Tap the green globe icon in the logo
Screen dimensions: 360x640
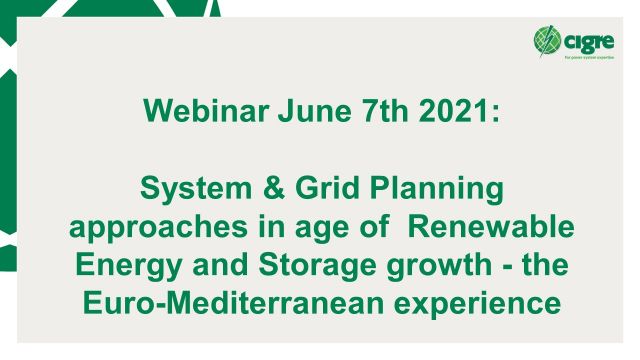coord(547,40)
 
